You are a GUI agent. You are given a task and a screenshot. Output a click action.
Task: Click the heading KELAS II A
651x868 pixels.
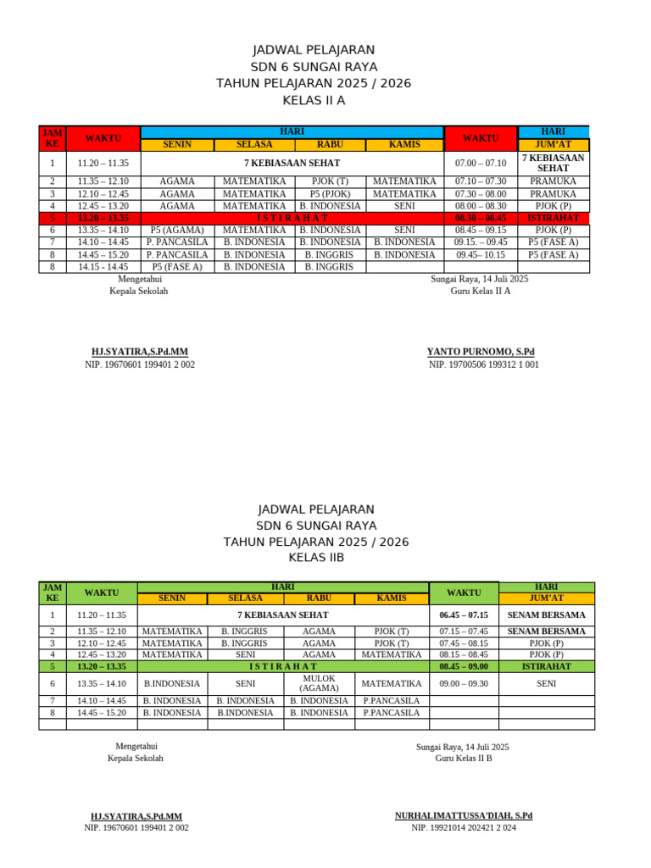click(x=314, y=100)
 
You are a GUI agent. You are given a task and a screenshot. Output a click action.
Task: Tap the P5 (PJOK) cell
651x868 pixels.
click(x=330, y=193)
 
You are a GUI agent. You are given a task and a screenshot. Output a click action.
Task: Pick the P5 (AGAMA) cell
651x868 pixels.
click(x=176, y=230)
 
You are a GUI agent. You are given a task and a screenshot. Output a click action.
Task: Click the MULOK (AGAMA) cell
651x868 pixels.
click(x=319, y=683)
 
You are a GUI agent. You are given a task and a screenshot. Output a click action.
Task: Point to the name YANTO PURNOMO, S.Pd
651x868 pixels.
click(x=481, y=352)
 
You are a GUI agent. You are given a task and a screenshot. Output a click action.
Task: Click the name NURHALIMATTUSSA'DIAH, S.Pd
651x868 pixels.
click(x=464, y=815)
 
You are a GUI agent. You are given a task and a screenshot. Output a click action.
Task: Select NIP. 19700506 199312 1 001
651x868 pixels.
click(x=483, y=364)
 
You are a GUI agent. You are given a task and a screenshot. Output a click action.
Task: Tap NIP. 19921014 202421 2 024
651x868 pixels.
click(x=464, y=827)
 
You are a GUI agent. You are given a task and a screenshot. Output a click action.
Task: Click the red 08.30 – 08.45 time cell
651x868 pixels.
click(x=480, y=218)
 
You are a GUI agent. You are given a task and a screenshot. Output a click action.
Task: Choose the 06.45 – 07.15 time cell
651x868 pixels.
click(x=464, y=615)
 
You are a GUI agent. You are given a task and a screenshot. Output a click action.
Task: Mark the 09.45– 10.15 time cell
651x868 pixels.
click(x=480, y=254)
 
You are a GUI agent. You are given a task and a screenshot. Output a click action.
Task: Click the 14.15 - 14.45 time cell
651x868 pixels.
click(x=103, y=266)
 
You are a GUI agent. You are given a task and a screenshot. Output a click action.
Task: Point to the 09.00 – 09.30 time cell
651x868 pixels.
click(x=464, y=683)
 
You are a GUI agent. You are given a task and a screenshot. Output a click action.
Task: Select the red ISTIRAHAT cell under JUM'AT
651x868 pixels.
click(x=553, y=218)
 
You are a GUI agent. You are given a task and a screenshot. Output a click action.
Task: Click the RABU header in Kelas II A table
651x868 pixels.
click(x=330, y=144)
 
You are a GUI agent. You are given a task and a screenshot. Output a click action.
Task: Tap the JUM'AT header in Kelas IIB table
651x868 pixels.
click(x=546, y=598)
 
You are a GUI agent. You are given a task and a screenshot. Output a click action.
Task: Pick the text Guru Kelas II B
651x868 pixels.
click(x=464, y=758)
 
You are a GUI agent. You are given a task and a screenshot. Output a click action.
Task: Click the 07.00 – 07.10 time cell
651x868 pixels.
click(x=480, y=163)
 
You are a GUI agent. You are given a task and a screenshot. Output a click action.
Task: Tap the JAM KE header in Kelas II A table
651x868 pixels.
click(x=52, y=138)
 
